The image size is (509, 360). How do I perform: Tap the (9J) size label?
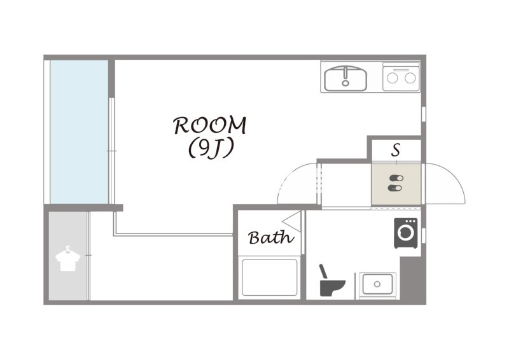tap(211, 148)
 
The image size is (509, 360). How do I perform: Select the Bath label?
tap(271, 238)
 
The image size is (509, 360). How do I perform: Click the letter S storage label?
tap(396, 150)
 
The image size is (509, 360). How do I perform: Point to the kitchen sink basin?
tap(345, 79)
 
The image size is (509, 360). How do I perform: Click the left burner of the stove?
tap(391, 78)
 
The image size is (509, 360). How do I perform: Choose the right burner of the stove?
tap(410, 78)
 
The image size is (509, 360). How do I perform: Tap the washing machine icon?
tap(406, 233)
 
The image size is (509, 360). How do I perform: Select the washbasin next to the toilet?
tap(377, 284)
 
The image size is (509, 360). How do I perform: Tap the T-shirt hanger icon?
tap(68, 258)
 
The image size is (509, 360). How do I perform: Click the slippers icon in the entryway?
tap(396, 183)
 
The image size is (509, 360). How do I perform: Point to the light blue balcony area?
tap(79, 132)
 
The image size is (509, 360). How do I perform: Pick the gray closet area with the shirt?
tap(68, 256)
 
